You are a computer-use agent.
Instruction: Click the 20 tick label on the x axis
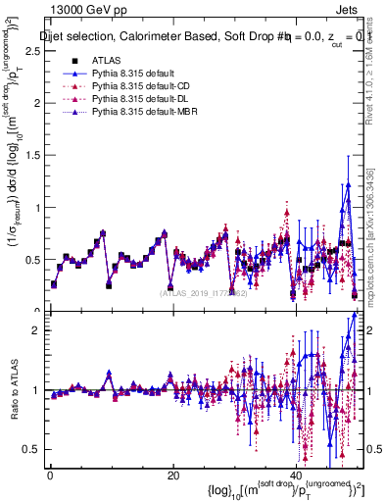(x=172, y=476)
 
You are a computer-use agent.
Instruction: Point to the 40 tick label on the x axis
(x=296, y=476)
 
